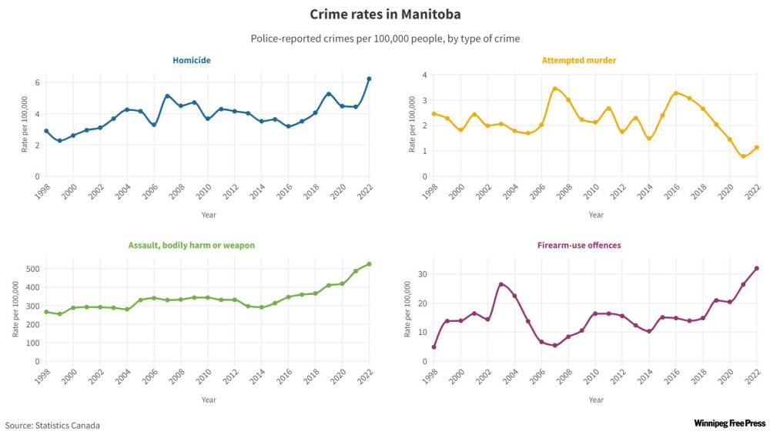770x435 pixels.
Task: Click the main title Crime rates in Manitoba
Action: (x=385, y=14)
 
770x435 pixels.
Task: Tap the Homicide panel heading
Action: (x=192, y=60)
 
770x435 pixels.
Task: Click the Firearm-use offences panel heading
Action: (x=580, y=246)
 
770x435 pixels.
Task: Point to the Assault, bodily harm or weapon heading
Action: (x=191, y=246)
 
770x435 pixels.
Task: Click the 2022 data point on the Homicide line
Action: (x=370, y=79)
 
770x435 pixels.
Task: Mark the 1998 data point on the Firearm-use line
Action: (x=434, y=347)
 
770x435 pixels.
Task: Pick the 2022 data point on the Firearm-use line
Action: (x=757, y=268)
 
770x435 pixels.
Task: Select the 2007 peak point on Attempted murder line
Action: (x=554, y=89)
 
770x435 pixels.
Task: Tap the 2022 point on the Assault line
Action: (x=370, y=264)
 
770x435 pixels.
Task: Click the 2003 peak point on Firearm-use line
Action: (x=500, y=284)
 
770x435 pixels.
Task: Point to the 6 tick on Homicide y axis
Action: (x=37, y=83)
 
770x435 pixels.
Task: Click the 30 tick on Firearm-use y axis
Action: (x=422, y=274)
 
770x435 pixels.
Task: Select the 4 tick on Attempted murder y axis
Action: (x=424, y=75)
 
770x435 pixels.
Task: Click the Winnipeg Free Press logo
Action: (x=729, y=423)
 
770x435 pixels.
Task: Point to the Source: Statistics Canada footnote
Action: (x=52, y=425)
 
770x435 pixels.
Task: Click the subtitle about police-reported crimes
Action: (x=385, y=38)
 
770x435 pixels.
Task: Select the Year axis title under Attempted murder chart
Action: (x=596, y=215)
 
